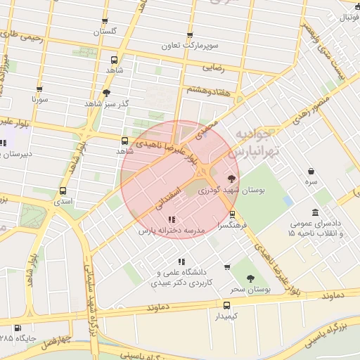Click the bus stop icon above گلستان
pyautogui.click(x=105, y=22)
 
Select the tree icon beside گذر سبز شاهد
pyautogui.click(x=106, y=92)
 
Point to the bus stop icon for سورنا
pyautogui.click(x=39, y=89)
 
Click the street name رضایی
pyautogui.click(x=213, y=69)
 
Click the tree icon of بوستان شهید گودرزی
pyautogui.click(x=233, y=179)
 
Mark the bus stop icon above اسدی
pyautogui.click(x=63, y=191)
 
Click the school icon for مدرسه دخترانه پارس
pyautogui.click(x=172, y=219)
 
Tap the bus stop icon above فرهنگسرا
pyautogui.click(x=233, y=215)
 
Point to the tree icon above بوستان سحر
pyautogui.click(x=251, y=279)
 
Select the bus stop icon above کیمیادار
pyautogui.click(x=226, y=305)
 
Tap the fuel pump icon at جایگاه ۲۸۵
pyautogui.click(x=18, y=328)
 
